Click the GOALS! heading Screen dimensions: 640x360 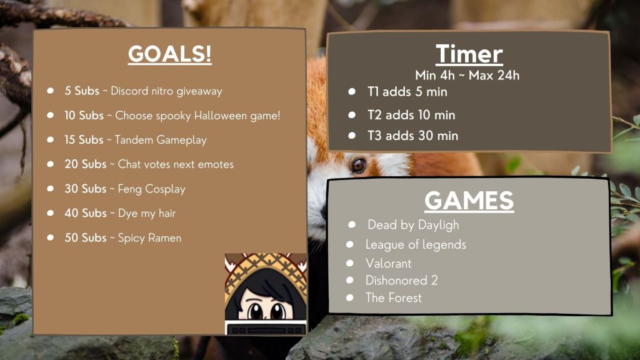pyautogui.click(x=170, y=54)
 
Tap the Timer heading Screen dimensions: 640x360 pyautogui.click(x=469, y=54)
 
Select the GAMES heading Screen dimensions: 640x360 pyautogui.click(x=469, y=201)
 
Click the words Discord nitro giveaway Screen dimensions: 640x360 pyautogui.click(x=166, y=91)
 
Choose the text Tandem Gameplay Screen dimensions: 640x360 pyautogui.click(x=161, y=140)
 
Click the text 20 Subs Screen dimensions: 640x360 pyautogui.click(x=85, y=164)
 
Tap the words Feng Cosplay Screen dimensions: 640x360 pyautogui.click(x=151, y=189)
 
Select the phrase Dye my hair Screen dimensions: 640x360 pyautogui.click(x=147, y=214)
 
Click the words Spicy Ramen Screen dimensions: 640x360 pyautogui.click(x=149, y=238)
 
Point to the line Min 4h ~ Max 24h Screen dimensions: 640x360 pyautogui.click(x=467, y=75)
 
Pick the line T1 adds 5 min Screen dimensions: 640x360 pyautogui.click(x=407, y=91)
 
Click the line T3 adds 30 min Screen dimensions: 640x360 pyautogui.click(x=412, y=136)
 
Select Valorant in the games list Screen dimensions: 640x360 pyautogui.click(x=389, y=263)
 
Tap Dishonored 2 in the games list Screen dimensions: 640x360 pyautogui.click(x=402, y=281)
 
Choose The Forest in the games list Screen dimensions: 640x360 pyautogui.click(x=394, y=297)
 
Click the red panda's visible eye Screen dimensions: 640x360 pyautogui.click(x=358, y=165)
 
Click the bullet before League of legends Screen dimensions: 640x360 pyautogui.click(x=350, y=244)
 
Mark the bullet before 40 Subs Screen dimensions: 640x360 pyautogui.click(x=50, y=213)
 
